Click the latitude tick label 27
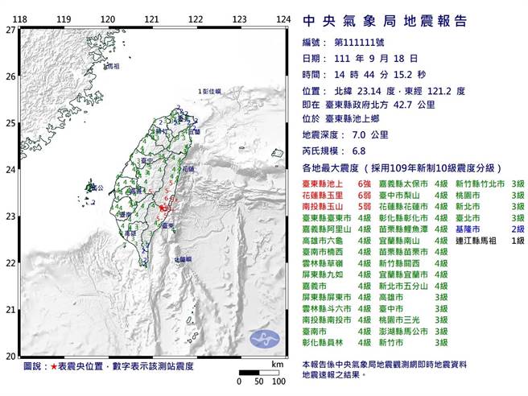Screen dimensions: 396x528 tap(10, 30)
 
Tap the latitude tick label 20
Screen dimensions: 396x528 tap(10, 355)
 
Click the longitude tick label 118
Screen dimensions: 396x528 tap(21, 19)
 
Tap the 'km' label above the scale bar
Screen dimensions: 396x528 tap(277, 365)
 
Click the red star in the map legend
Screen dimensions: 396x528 tap(55, 366)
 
